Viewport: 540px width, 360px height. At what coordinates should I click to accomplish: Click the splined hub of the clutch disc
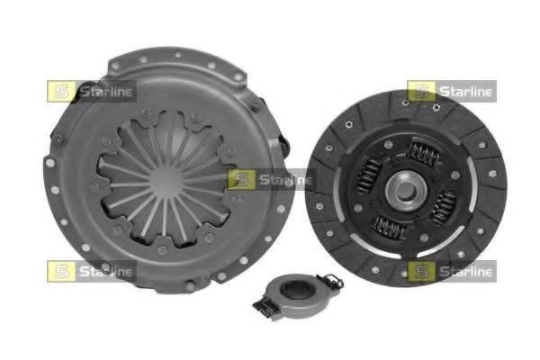pyautogui.click(x=406, y=190)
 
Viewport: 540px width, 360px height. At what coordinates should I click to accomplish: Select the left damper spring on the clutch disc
pyautogui.click(x=369, y=175)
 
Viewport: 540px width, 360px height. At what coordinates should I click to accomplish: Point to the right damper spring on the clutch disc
pyautogui.click(x=445, y=207)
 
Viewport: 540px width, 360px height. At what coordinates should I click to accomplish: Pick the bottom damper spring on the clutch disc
pyautogui.click(x=391, y=228)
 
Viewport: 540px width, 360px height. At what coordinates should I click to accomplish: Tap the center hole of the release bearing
pyautogui.click(x=292, y=290)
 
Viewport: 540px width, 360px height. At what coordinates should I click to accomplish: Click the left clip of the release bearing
pyautogui.click(x=265, y=307)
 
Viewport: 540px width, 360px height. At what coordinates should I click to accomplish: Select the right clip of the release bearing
pyautogui.click(x=329, y=281)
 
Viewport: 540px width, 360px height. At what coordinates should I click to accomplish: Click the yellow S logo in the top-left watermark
pyautogui.click(x=61, y=91)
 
